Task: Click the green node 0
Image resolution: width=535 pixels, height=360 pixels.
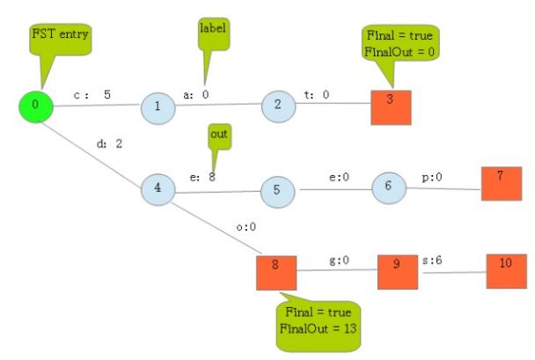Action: pyautogui.click(x=36, y=106)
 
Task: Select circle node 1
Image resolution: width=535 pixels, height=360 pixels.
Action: pyautogui.click(x=158, y=107)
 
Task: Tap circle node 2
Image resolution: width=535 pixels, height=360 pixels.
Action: pyautogui.click(x=278, y=107)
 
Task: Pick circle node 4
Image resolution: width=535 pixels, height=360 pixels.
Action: pyautogui.click(x=158, y=188)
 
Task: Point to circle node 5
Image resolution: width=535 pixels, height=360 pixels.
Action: pyautogui.click(x=277, y=189)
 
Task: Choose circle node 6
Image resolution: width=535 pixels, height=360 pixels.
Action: pyautogui.click(x=387, y=187)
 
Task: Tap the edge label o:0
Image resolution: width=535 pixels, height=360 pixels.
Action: pyautogui.click(x=246, y=227)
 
